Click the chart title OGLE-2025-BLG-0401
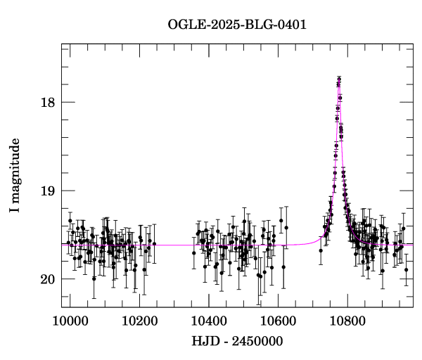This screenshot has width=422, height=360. tap(238, 25)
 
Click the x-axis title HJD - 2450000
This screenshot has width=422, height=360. tap(236, 342)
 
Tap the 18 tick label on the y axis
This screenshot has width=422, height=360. tap(47, 102)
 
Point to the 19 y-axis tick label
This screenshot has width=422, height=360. tap(47, 191)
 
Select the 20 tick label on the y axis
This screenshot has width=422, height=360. tap(47, 279)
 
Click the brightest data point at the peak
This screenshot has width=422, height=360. tap(339, 79)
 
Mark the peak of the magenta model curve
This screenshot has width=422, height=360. tap(339, 83)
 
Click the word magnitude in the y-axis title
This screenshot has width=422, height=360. tap(15, 169)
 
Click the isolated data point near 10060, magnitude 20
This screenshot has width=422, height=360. tap(94, 278)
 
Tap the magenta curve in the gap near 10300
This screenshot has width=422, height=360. tap(172, 245)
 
